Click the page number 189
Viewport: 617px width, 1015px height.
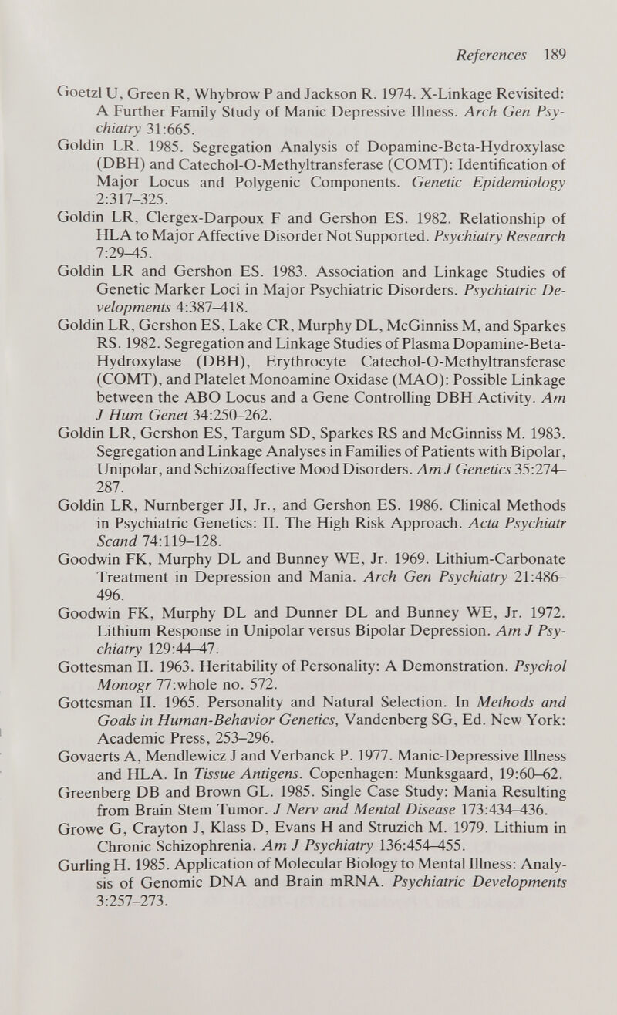pos(554,56)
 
